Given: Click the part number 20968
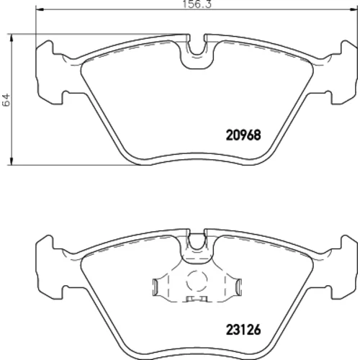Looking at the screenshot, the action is point(243,135).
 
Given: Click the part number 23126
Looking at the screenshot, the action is point(243,330).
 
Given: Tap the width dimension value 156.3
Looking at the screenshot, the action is point(197,4).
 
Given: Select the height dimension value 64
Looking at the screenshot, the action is point(6,99).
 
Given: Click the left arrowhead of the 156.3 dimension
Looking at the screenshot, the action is point(39,9).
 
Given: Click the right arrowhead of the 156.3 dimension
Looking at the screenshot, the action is point(354,9).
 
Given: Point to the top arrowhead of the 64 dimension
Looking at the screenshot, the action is point(11,37).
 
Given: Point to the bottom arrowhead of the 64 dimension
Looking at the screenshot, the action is point(11,161).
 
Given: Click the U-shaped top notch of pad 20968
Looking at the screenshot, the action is point(197,45).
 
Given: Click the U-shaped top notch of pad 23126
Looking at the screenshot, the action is point(197,240).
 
